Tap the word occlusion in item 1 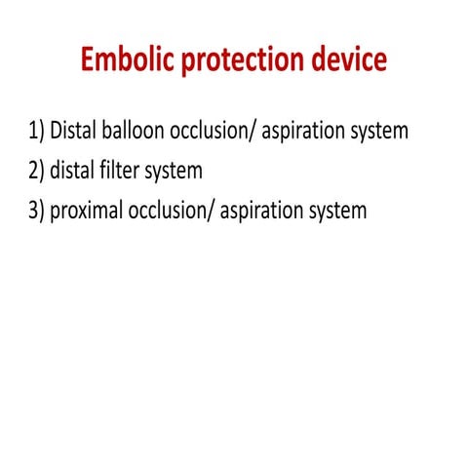[x=220, y=132]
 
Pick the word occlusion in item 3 [x=175, y=211]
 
